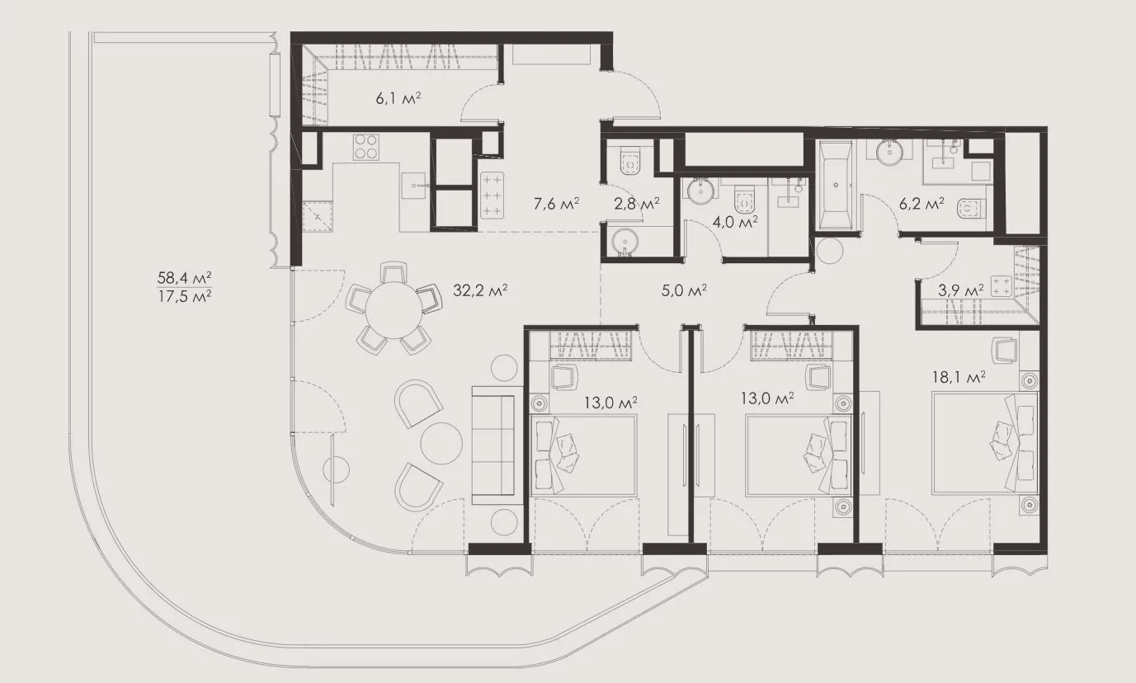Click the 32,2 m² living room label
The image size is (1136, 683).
click(480, 290)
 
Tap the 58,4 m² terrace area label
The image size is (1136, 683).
click(184, 278)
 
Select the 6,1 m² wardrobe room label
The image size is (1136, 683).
click(398, 98)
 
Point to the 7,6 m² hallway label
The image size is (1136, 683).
click(556, 204)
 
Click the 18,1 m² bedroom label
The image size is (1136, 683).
click(959, 377)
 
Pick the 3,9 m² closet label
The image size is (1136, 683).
click(960, 290)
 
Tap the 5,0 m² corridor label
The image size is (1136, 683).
click(684, 290)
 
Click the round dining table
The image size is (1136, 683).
click(394, 310)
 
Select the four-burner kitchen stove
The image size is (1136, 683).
click(366, 147)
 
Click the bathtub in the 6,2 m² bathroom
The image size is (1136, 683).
click(835, 186)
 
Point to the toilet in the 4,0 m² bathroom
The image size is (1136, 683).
click(744, 200)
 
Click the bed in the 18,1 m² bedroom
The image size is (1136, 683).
click(985, 442)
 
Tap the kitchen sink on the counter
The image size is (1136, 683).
click(414, 186)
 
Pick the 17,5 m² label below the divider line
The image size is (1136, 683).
click(184, 296)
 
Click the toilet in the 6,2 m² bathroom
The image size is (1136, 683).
click(971, 209)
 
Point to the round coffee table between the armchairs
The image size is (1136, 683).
click(441, 443)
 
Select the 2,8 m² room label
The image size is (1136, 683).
click(636, 204)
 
